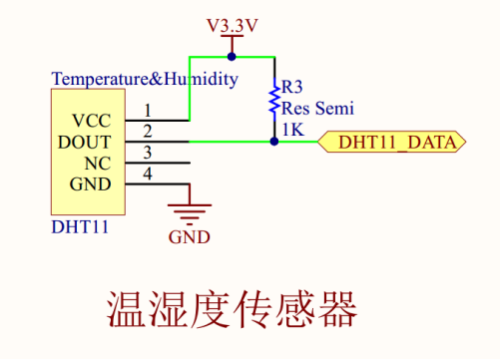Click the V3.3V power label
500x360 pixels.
pyautogui.click(x=232, y=25)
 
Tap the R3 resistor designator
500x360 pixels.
pyautogui.click(x=293, y=88)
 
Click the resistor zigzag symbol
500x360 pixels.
pyautogui.click(x=273, y=101)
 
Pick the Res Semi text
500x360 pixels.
pyautogui.click(x=317, y=109)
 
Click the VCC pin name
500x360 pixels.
pyautogui.click(x=92, y=120)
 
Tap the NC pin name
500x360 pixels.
pyautogui.click(x=98, y=163)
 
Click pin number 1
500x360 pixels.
pyautogui.click(x=148, y=110)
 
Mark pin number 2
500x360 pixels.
pyautogui.click(x=148, y=131)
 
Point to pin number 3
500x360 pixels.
pyautogui.click(x=148, y=153)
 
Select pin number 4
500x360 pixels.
pyautogui.click(x=148, y=175)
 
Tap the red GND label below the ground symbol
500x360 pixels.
pyautogui.click(x=190, y=237)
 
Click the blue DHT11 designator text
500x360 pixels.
pyautogui.click(x=80, y=227)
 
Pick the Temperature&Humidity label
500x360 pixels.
pyautogui.click(x=145, y=79)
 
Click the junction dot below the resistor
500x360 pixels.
pyautogui.click(x=273, y=142)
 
